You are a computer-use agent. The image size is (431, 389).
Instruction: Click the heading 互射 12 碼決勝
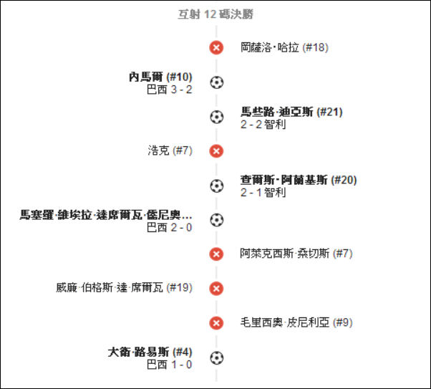point(215,14)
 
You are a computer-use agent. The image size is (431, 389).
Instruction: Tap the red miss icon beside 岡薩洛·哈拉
point(216,47)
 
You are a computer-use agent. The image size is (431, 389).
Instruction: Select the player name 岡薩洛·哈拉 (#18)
point(284,47)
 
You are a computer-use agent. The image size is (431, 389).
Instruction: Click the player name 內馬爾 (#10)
point(160,77)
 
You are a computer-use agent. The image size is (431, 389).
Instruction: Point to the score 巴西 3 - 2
point(169,90)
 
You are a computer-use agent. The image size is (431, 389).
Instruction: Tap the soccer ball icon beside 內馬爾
point(217,82)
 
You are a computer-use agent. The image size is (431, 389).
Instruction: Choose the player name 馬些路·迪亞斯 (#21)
point(291,112)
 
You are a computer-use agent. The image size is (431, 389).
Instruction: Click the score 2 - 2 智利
point(263,125)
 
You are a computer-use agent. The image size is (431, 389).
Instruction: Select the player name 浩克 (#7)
point(170,150)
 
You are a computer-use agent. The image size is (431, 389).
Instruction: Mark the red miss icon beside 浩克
point(216,151)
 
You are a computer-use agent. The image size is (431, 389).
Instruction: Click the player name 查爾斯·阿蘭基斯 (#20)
point(299,180)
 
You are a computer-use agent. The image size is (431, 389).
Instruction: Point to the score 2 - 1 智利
point(263,192)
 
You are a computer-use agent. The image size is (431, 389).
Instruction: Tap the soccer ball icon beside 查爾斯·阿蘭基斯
point(217,186)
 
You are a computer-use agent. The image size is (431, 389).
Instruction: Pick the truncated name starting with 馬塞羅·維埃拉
point(106,215)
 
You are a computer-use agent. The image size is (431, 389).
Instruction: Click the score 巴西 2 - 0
point(169,228)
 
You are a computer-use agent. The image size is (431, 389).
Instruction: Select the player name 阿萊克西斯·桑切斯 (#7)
point(296,254)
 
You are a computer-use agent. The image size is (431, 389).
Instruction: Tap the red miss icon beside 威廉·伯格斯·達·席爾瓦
point(216,289)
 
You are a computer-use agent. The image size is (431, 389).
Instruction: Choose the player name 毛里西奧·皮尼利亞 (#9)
point(296,322)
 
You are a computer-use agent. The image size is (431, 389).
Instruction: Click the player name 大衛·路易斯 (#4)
point(150,352)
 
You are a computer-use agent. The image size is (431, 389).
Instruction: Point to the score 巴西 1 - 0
point(169,365)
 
